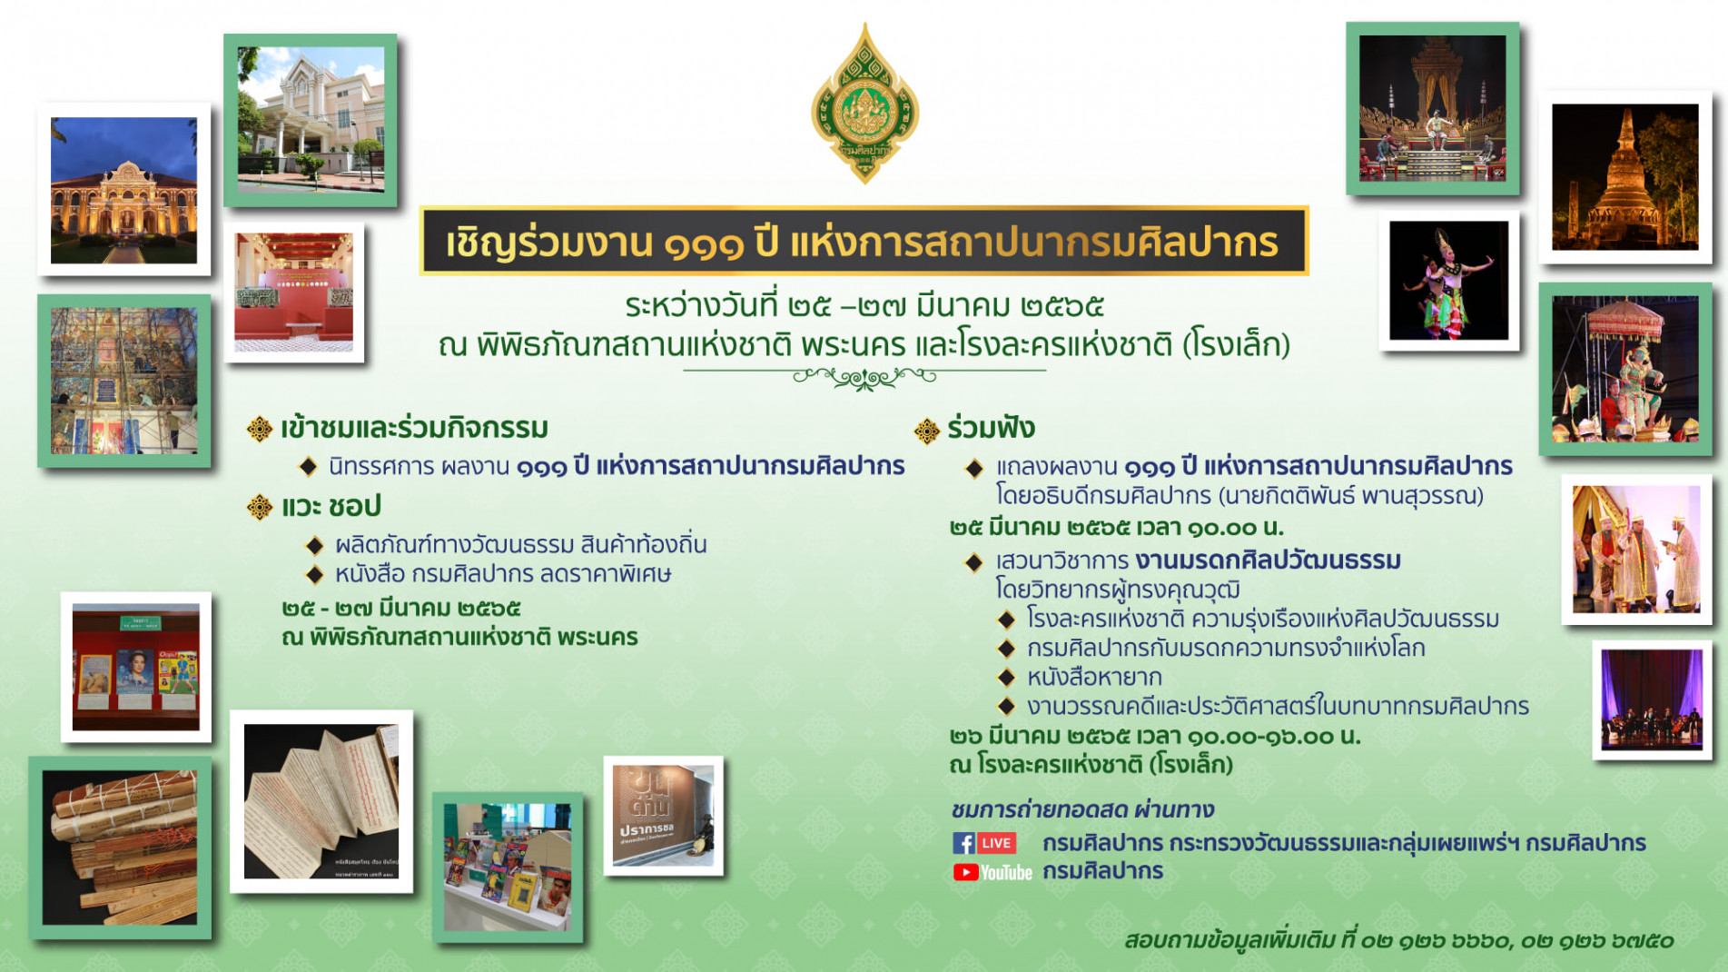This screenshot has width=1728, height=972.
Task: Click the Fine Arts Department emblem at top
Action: coord(864,104)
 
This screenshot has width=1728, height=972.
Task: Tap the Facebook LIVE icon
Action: coord(984,842)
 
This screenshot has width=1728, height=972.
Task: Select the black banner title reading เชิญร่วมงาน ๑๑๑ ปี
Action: coord(863,242)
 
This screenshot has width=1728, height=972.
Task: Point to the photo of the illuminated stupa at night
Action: coord(1624,177)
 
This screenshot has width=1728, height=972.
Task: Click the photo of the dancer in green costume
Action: coord(1448,281)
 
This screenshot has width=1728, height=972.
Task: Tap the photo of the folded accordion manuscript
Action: coord(321,801)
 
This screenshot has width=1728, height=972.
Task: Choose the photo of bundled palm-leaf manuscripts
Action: coord(120,848)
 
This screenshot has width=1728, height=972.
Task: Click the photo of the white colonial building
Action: coord(311,119)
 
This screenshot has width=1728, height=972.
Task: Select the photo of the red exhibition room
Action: coord(293,293)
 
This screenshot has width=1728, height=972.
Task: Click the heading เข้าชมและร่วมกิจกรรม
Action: coord(414,428)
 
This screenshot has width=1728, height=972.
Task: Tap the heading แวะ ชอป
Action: coord(331,506)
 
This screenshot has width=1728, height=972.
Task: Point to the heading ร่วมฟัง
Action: coord(990,428)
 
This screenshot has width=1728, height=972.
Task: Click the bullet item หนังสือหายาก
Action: coord(1093,677)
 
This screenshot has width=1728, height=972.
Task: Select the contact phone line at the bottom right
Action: coord(1398,940)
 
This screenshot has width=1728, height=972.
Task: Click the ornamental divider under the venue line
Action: coord(864,376)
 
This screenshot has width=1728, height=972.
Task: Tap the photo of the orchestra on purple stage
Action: coord(1651,699)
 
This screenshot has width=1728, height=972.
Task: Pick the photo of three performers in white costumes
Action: coord(1636,549)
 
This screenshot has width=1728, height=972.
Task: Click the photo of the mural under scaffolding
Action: coord(123,381)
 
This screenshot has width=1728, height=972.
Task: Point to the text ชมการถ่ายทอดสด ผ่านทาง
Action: coord(1081,808)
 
